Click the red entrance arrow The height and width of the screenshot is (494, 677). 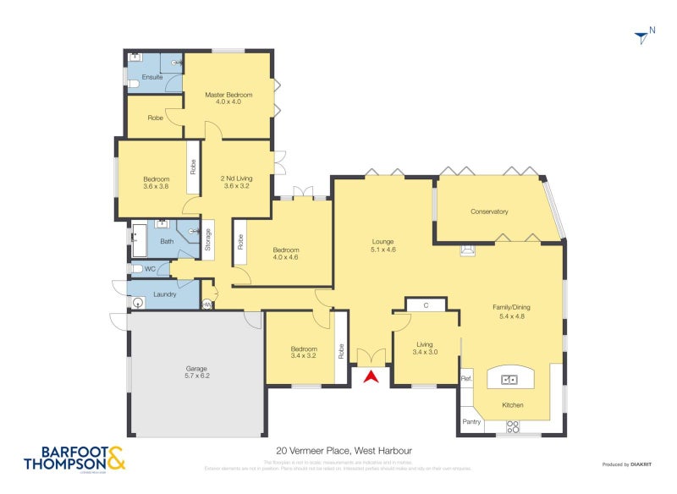coord(370,376)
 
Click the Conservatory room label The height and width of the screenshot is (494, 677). coord(489,211)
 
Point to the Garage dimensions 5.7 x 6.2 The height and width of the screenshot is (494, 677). coord(197,376)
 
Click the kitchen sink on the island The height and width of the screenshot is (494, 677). coord(511,380)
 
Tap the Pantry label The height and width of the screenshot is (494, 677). coord(471,421)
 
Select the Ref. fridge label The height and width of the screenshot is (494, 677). coord(465,378)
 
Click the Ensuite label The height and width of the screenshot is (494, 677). coord(152,77)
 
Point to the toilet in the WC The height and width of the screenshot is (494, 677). coord(138,269)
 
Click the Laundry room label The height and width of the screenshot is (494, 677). coord(164,294)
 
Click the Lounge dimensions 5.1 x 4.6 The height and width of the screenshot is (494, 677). coord(383,250)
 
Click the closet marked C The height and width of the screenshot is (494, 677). coord(427,305)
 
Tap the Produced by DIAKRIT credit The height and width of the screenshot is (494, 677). coord(629,464)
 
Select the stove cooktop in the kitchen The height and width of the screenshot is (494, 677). coord(513,427)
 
